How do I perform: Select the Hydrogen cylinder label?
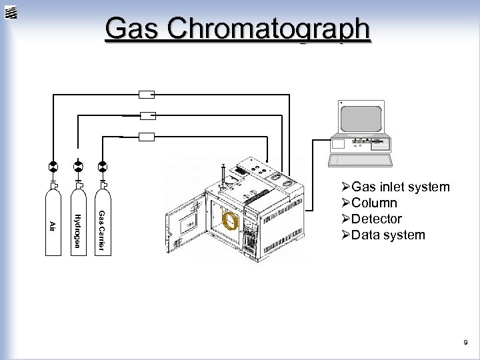click(77, 231)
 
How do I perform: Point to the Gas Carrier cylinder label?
click(101, 231)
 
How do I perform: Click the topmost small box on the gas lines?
click(146, 94)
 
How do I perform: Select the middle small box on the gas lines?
click(146, 115)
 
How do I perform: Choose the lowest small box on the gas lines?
click(146, 137)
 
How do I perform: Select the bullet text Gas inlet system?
click(400, 187)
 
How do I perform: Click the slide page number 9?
click(466, 343)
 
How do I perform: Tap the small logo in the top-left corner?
click(11, 11)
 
